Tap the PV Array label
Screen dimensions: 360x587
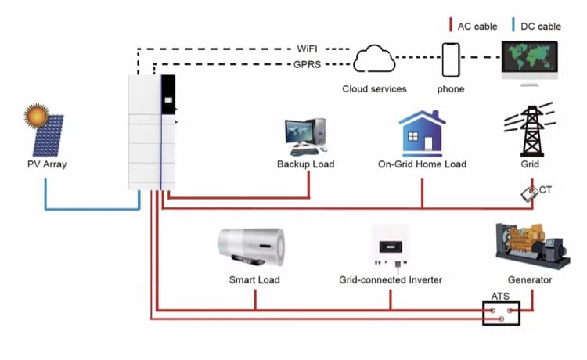[x=45, y=165]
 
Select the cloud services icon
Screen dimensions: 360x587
[x=374, y=59]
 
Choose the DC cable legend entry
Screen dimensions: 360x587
[x=538, y=26]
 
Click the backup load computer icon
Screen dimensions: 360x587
[x=305, y=136]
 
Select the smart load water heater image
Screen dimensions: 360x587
[x=250, y=247]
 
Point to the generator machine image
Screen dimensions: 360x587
[x=529, y=244]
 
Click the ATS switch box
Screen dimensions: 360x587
[x=501, y=314]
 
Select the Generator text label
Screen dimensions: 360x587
[x=530, y=279]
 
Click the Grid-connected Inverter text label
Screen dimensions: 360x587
[x=391, y=279]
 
